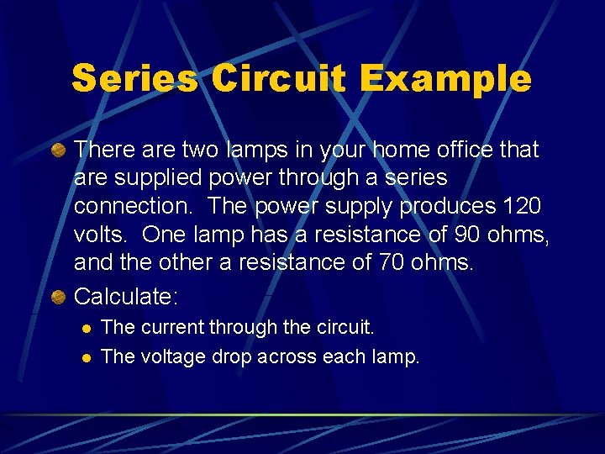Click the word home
395,150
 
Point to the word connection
134,207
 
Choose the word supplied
158,178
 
